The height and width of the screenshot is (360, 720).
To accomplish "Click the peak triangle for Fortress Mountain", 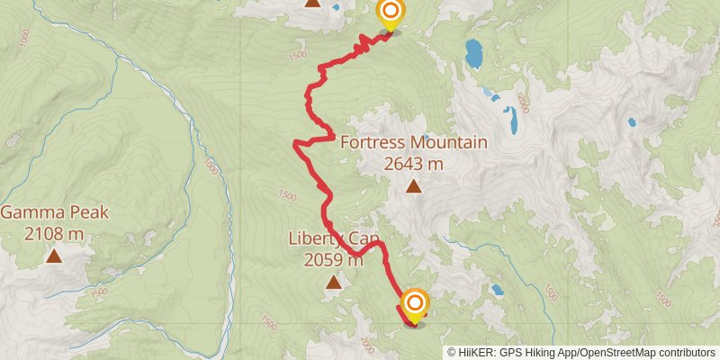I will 413,187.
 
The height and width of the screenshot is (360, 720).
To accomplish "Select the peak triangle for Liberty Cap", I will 334,283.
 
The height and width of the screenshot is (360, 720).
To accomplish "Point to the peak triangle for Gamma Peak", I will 54,256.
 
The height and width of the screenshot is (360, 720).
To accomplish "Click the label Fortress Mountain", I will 413,143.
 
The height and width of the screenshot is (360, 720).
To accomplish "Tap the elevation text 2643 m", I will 413,164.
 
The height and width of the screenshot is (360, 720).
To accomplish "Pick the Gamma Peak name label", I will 54,213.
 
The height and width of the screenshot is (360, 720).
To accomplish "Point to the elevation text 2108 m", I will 54,234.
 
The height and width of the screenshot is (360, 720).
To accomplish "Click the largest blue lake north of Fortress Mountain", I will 472,54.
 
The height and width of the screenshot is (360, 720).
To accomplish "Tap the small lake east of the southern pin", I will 497,290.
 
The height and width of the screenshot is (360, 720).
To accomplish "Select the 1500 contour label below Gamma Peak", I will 98,291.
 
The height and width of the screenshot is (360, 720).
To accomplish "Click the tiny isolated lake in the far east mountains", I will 632,121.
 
